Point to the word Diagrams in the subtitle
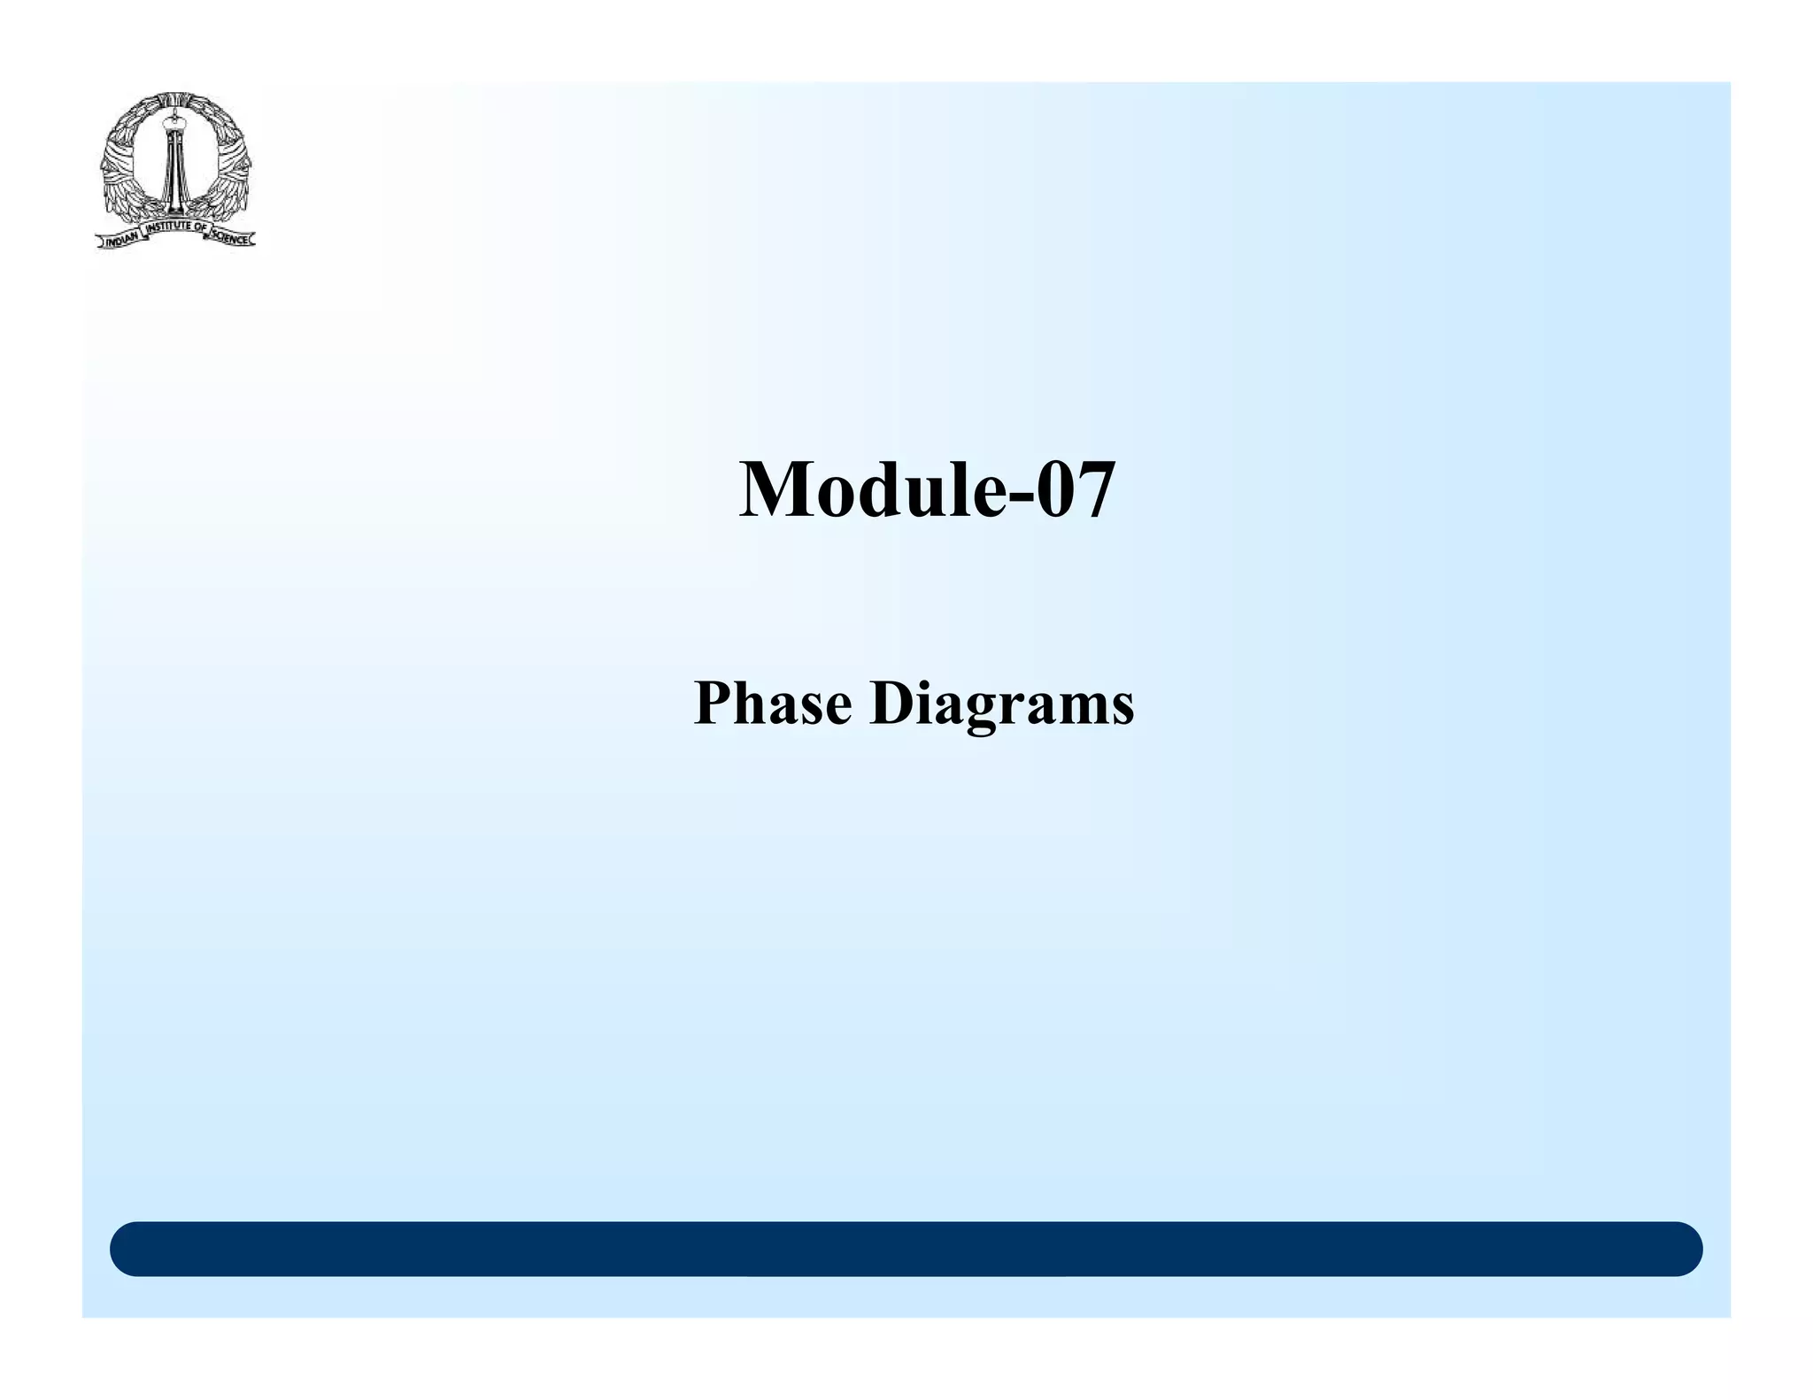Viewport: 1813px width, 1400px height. (1001, 706)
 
